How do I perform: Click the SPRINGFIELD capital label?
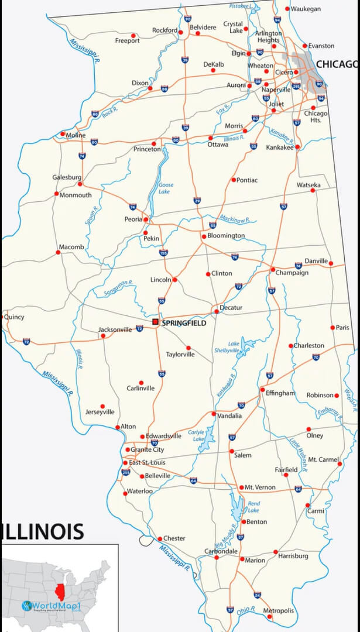(x=184, y=322)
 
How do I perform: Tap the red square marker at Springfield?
(x=155, y=322)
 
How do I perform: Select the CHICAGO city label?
(x=337, y=64)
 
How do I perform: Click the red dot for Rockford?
(x=181, y=33)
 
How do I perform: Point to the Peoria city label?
(x=133, y=219)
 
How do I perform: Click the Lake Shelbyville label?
(x=234, y=347)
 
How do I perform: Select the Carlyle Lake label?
(x=196, y=435)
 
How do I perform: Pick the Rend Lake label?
(x=253, y=507)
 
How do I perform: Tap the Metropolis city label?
(x=278, y=611)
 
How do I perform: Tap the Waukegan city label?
(x=306, y=9)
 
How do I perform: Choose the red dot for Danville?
(x=331, y=263)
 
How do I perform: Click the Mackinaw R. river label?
(x=235, y=220)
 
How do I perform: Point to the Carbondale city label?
(x=221, y=551)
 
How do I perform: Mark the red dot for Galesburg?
(x=80, y=184)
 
